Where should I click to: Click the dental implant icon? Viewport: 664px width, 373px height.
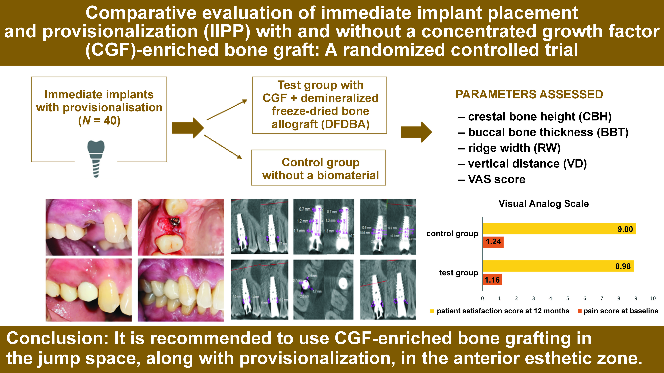click(96, 158)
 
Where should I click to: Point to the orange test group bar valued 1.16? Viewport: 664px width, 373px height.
click(492, 280)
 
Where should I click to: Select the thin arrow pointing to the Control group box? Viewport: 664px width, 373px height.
click(223, 147)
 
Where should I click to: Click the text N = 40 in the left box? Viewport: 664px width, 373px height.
click(99, 120)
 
